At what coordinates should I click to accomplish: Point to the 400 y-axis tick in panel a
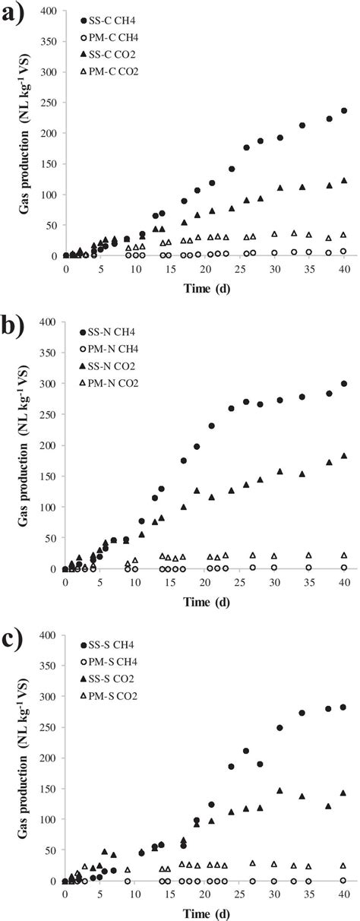tap(49, 11)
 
